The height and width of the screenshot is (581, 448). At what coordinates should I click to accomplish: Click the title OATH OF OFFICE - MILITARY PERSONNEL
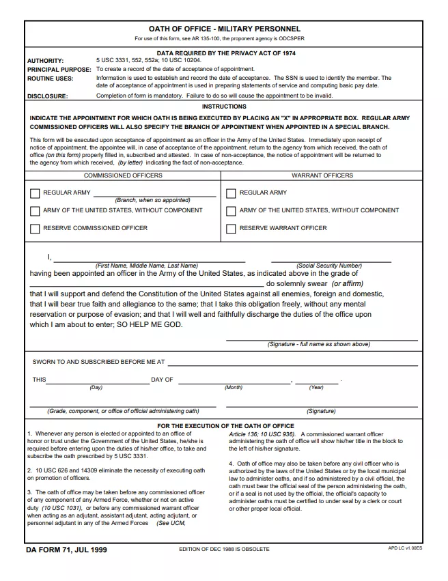224,29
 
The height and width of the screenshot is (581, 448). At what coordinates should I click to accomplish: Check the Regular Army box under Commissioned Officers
35,193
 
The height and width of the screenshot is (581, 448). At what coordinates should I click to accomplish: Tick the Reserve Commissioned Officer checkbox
35,229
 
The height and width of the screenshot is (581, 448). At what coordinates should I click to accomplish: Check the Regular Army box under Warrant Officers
231,193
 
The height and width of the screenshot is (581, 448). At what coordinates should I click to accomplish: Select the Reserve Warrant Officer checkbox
231,229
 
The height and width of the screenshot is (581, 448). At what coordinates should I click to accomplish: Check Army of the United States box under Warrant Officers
231,211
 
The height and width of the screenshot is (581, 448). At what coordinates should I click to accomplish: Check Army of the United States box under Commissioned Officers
35,211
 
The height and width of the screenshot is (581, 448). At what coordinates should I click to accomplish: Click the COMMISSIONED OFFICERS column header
123,175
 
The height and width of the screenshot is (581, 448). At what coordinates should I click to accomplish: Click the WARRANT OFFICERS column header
322,175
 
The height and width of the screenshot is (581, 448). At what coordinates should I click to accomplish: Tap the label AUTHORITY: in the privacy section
45,61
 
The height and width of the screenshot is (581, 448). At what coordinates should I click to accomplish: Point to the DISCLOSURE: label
47,96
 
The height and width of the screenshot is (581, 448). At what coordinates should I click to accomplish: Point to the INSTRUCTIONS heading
224,107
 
